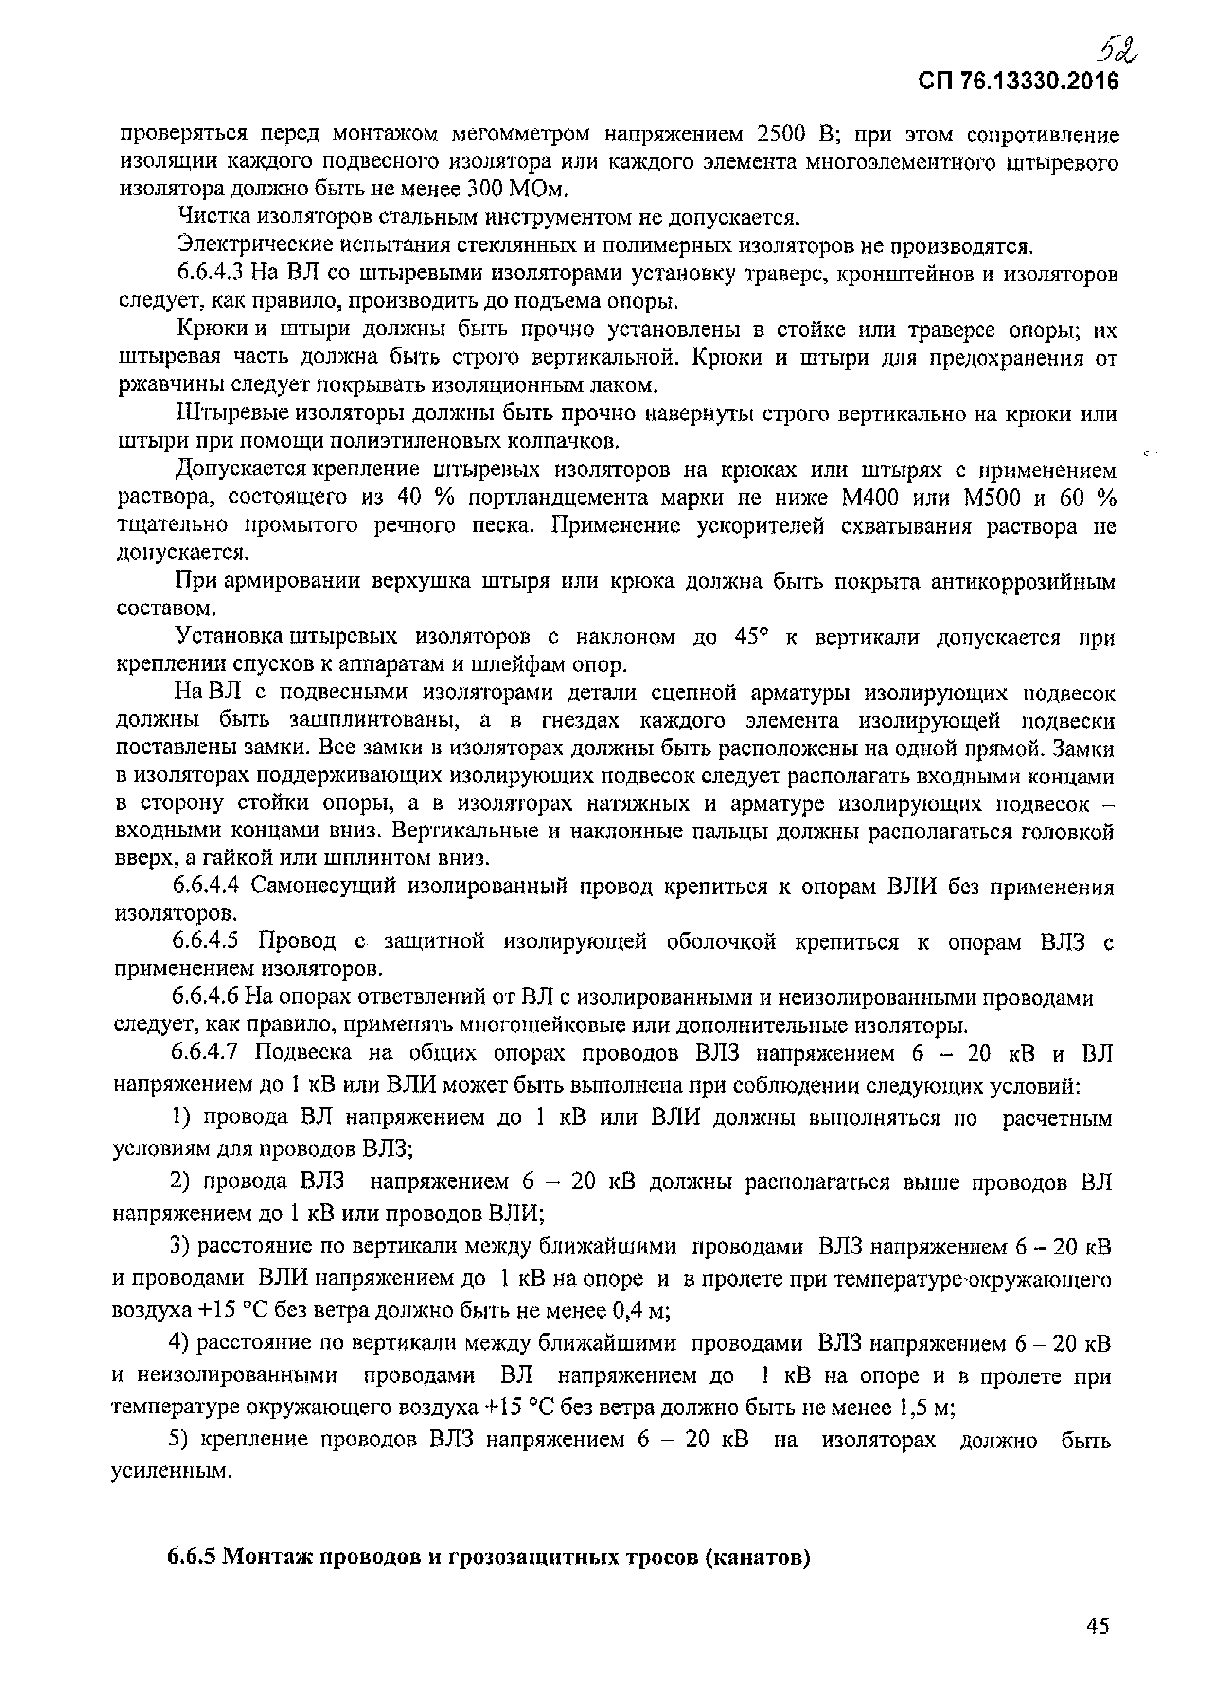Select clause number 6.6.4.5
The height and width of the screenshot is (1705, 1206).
tap(206, 941)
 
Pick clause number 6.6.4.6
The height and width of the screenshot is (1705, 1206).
tap(206, 996)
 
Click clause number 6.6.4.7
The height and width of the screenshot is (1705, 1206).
tap(206, 1053)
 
